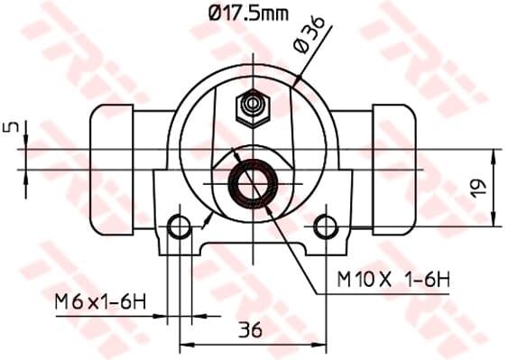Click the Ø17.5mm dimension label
248,14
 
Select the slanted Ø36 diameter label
309,34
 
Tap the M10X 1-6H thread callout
393,279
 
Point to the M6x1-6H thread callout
100,301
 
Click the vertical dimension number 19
479,189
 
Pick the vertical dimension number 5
10,126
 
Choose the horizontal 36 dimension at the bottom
250,330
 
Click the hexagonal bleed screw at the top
253,107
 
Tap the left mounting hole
180,226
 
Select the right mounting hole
326,226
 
